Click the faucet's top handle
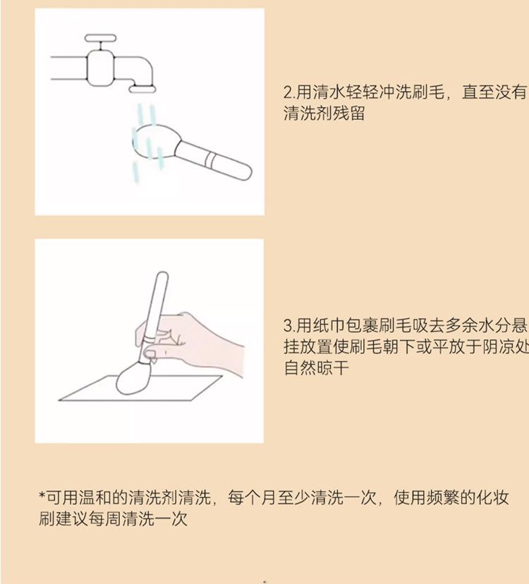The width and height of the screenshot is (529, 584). click(x=101, y=38)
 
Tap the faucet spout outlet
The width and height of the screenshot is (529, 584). click(x=142, y=89)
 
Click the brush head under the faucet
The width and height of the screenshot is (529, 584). click(x=154, y=142)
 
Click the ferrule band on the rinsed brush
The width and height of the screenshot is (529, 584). click(x=210, y=159)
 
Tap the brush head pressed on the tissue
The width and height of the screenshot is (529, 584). click(x=133, y=378)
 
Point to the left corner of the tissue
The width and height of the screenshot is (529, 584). click(x=59, y=401)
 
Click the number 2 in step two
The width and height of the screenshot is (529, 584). click(x=287, y=92)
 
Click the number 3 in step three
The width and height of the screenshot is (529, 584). click(x=287, y=326)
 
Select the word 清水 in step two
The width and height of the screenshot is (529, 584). click(x=329, y=92)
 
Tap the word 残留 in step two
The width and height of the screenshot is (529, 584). click(x=348, y=114)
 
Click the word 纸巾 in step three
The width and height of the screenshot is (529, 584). click(x=329, y=326)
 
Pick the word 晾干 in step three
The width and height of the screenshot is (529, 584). click(x=332, y=368)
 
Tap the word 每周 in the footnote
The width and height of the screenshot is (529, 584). click(x=104, y=519)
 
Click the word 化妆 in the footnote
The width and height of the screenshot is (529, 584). click(x=492, y=497)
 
